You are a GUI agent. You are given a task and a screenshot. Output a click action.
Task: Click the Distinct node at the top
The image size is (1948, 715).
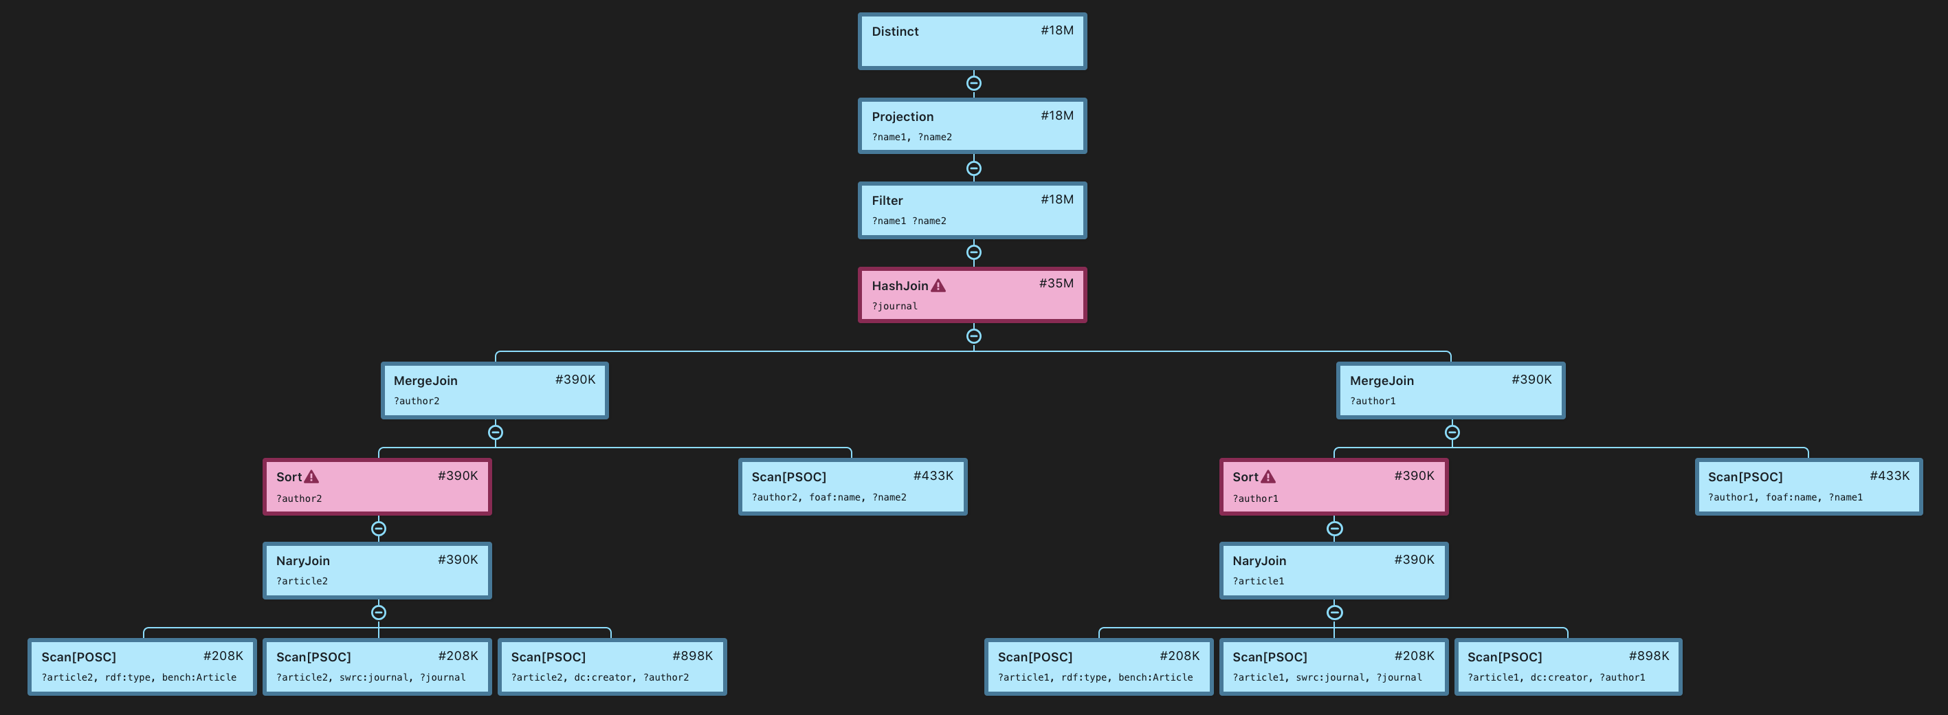coord(972,42)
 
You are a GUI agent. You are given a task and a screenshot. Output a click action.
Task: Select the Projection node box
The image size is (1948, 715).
coord(972,126)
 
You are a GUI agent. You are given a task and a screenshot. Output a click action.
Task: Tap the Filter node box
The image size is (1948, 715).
coord(972,210)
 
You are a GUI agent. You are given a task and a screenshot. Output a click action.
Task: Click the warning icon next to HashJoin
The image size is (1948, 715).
coord(938,286)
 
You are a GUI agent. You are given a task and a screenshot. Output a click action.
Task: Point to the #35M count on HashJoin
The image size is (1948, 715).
coord(1056,284)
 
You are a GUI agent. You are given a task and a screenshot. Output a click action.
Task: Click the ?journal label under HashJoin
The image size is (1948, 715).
coord(894,307)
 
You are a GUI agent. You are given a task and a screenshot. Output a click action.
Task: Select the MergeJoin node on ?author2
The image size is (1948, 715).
coord(495,390)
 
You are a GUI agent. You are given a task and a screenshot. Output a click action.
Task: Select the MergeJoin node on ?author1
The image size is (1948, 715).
coord(1450,390)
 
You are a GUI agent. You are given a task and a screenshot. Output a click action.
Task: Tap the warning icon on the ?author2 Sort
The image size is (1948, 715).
coord(311,477)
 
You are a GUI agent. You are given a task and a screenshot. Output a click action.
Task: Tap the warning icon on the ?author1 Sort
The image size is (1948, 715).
coord(1268,477)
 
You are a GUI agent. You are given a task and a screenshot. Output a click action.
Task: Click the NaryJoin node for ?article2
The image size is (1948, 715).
coord(377,571)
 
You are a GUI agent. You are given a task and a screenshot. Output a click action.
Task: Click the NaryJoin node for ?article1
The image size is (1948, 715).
coord(1333,571)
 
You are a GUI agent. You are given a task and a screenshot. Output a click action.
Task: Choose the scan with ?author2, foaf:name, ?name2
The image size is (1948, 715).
coord(852,487)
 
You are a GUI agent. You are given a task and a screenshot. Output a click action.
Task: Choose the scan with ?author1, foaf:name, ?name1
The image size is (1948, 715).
coord(1808,487)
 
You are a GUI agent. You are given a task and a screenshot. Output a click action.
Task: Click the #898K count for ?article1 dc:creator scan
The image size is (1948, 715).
coord(1648,656)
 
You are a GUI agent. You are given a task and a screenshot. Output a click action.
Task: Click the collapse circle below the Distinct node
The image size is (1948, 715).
coord(974,83)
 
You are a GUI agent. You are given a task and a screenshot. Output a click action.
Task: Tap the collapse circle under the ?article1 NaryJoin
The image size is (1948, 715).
coord(1335,612)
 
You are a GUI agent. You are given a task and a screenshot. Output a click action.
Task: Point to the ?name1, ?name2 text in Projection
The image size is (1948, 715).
coord(911,137)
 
